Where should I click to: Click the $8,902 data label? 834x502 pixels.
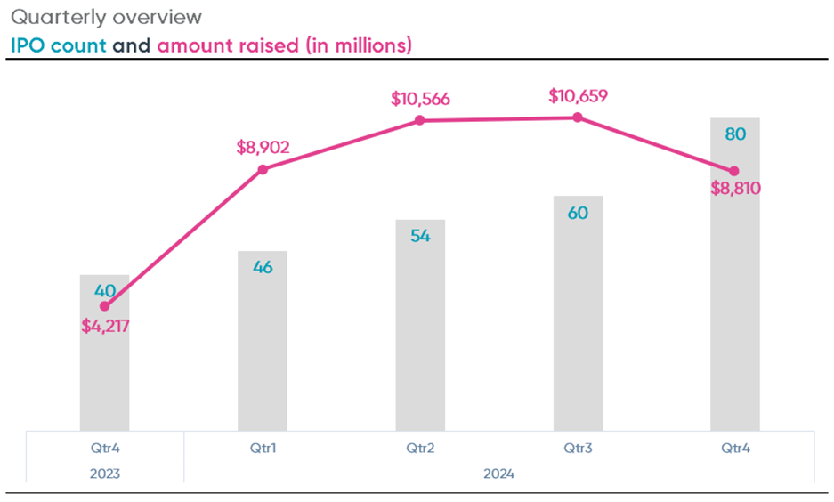[263, 147]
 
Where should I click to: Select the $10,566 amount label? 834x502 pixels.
[420, 98]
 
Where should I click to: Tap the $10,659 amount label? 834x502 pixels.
[578, 95]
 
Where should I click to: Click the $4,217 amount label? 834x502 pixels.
[105, 326]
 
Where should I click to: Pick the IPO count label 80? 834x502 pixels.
[735, 134]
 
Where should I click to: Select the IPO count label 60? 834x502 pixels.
[578, 214]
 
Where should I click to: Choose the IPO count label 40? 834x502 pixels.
[105, 290]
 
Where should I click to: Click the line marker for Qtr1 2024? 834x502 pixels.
[263, 169]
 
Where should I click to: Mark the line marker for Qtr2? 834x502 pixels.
[420, 120]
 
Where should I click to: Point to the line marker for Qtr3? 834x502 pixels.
[578, 117]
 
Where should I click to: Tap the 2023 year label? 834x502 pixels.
[105, 474]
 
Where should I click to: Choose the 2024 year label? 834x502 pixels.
[499, 474]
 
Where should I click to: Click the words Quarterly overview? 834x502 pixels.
[106, 17]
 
